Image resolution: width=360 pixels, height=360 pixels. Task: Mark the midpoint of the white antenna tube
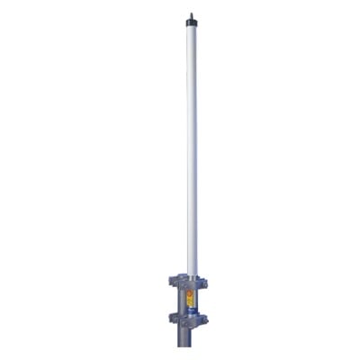(x=191, y=148)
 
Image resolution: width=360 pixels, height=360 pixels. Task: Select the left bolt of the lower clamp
(x=172, y=318)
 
